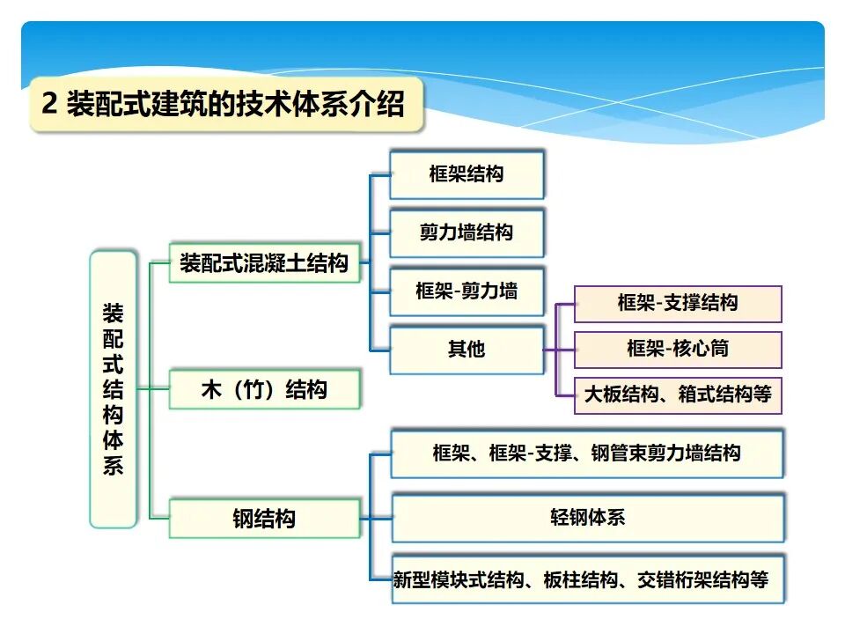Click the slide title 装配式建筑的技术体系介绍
tap(235, 105)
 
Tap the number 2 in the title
tap(50, 105)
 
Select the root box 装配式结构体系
tap(114, 389)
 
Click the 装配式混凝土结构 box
tap(264, 263)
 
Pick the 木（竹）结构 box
tap(264, 390)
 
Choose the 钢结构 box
tap(264, 519)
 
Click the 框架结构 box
tap(467, 174)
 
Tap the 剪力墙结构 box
tap(467, 233)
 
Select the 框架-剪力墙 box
tap(467, 291)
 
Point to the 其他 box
tap(467, 350)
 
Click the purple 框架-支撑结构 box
tap(678, 304)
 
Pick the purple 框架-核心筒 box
tap(678, 349)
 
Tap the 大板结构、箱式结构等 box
tap(678, 394)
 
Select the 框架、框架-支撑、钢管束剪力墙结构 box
tap(587, 454)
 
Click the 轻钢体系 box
tap(587, 518)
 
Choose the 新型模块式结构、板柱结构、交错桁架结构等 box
tap(581, 580)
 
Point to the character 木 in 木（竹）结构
tap(211, 390)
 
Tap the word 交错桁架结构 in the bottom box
tap(693, 580)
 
